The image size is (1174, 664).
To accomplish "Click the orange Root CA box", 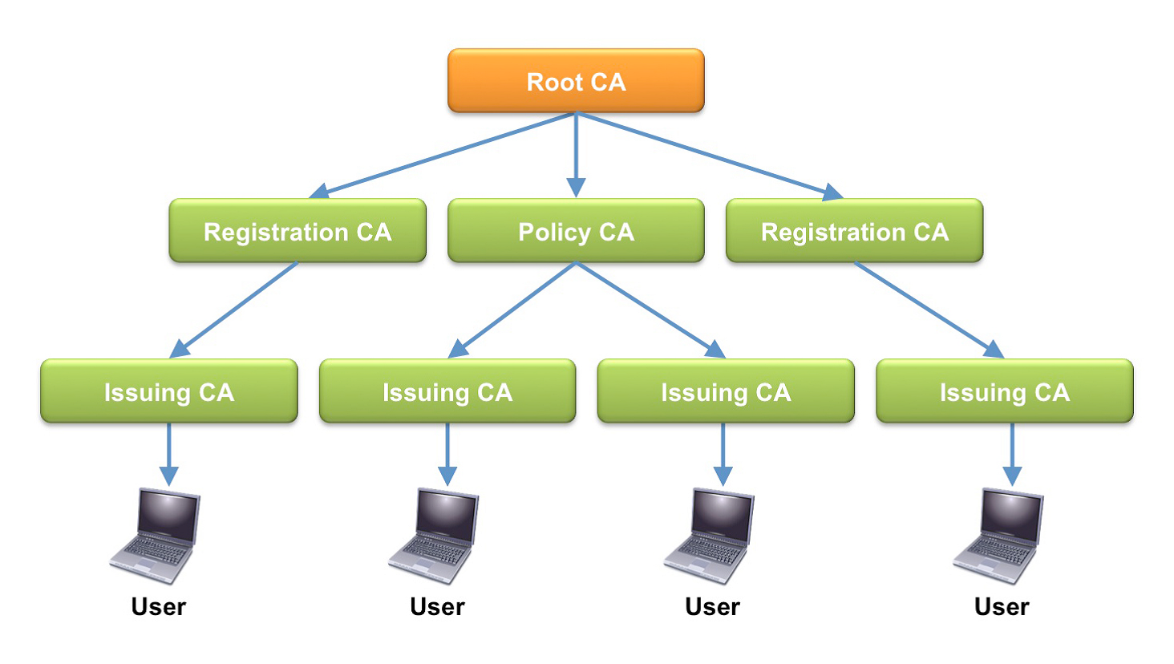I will [576, 80].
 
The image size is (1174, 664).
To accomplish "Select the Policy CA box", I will [576, 231].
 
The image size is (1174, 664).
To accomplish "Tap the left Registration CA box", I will [298, 231].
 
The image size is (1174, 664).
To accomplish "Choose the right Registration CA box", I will [854, 231].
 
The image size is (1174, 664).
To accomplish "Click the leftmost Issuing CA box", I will [169, 391].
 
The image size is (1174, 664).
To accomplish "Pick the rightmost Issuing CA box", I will [1004, 391].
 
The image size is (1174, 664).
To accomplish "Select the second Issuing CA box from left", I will [447, 391].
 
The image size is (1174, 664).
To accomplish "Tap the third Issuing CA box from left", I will [726, 391].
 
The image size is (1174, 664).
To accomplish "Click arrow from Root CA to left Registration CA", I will [445, 155].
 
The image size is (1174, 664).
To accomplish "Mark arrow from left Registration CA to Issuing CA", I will [234, 310].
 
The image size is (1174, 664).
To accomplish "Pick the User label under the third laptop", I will [712, 607].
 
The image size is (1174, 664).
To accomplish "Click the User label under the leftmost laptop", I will [159, 607].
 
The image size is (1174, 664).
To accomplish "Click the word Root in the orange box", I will [554, 82].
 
